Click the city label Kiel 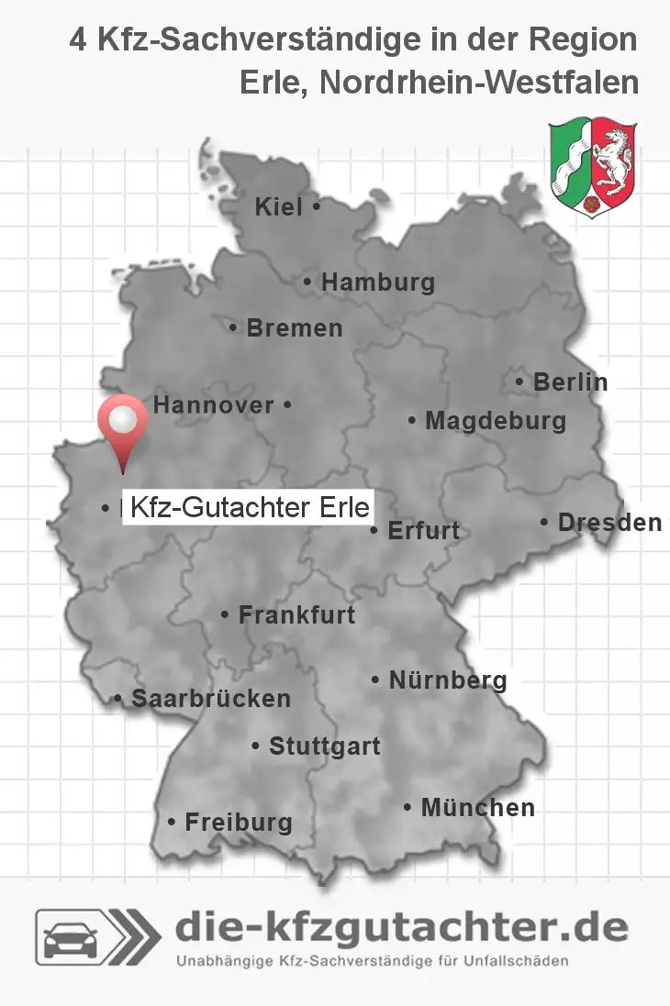point(278,208)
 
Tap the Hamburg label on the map point(377,282)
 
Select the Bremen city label point(294,328)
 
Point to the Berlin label point(570,382)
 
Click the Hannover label point(213,404)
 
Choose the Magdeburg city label point(496,422)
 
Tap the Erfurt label point(423,531)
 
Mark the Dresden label point(609,523)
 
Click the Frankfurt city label point(296,615)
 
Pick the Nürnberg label point(448,680)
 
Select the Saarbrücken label point(211,699)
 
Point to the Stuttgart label point(324,746)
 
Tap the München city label point(477,808)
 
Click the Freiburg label point(239,823)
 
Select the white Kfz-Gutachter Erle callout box point(248,507)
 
